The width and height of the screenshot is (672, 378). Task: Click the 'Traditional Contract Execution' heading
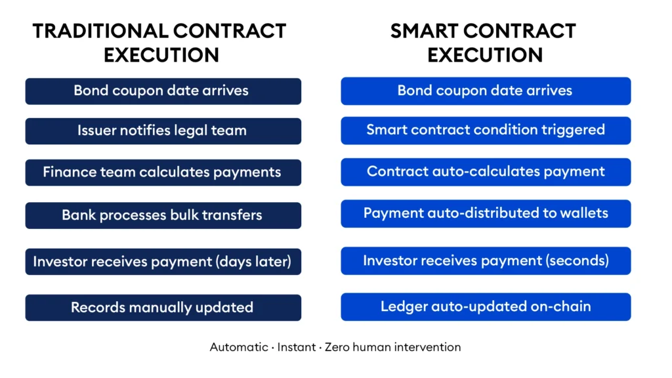[159, 43]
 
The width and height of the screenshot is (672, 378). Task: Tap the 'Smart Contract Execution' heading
[484, 43]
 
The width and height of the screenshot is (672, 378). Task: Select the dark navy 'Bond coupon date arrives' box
[163, 91]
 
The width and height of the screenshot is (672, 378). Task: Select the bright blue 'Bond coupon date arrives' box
[486, 91]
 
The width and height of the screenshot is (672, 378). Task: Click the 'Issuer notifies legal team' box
[163, 131]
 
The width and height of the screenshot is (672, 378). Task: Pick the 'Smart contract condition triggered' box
[486, 130]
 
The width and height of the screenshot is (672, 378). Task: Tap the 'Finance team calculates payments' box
[163, 173]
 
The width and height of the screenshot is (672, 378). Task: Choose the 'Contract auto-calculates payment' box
[486, 172]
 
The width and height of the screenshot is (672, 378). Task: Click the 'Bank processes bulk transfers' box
[163, 215]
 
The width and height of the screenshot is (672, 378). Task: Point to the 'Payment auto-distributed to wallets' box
[486, 213]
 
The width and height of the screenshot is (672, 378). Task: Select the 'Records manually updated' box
[163, 307]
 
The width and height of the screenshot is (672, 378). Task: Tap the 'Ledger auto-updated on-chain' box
[486, 306]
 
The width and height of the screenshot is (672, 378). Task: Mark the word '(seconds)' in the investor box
[579, 261]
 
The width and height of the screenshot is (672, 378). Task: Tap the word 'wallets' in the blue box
[584, 213]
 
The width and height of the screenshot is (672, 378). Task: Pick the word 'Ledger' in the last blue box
[402, 306]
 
